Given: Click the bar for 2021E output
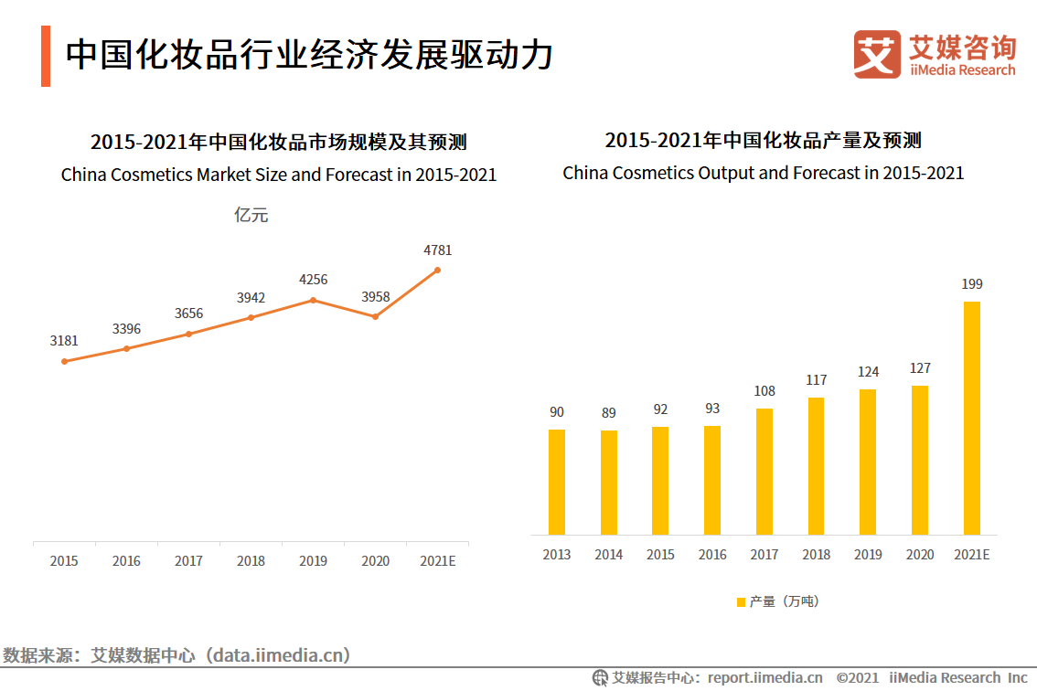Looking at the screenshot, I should (x=972, y=418).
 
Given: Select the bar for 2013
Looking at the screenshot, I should (x=557, y=482).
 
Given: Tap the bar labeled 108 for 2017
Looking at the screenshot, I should (x=764, y=471).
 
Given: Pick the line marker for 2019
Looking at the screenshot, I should (x=313, y=300).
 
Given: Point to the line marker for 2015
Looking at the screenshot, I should (x=64, y=361).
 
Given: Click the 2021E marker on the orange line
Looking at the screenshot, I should (x=437, y=270).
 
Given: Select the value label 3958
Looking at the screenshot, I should (x=375, y=296).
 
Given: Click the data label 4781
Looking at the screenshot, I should (x=437, y=250).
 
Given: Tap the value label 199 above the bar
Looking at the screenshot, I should (x=972, y=284).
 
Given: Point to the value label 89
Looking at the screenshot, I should (x=609, y=413).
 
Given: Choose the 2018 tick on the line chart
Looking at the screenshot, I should (x=251, y=560).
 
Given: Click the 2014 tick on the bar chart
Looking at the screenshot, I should (x=609, y=554).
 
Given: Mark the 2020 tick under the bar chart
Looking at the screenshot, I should (x=920, y=554).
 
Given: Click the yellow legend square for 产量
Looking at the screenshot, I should (x=741, y=601).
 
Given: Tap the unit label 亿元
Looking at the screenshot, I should (x=251, y=216).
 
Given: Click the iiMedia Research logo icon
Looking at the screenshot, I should (x=877, y=54).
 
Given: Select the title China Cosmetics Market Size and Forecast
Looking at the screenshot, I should (x=279, y=174).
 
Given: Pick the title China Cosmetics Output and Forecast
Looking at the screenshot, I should (x=764, y=173).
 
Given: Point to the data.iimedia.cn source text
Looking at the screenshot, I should (x=278, y=654).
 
